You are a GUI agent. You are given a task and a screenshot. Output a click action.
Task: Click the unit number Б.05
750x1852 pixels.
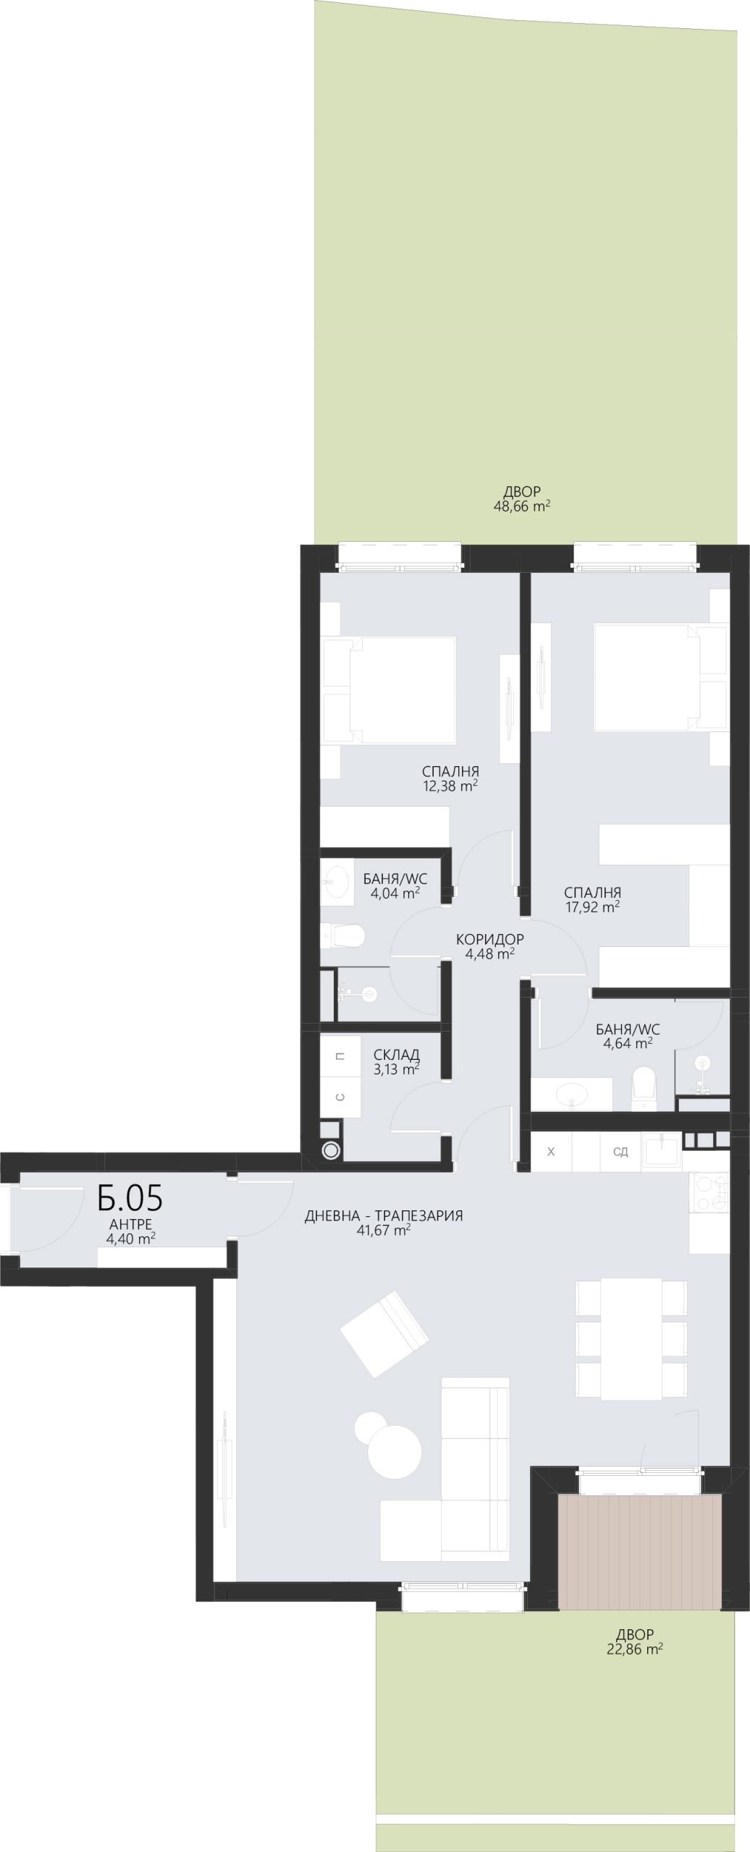tap(130, 1198)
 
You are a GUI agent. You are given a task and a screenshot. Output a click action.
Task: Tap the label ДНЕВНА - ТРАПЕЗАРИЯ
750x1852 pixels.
tap(384, 1215)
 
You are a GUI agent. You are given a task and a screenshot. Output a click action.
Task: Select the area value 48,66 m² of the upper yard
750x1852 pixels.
tap(522, 506)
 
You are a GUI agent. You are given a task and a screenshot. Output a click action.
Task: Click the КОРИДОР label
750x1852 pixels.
tap(490, 940)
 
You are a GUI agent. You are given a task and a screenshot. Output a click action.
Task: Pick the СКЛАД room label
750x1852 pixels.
tap(396, 1055)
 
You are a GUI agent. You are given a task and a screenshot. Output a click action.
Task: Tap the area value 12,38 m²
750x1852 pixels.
tap(450, 786)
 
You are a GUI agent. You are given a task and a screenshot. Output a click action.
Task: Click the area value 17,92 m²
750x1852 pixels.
tap(592, 907)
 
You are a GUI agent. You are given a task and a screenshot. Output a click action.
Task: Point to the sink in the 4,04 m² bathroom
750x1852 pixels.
tap(337, 880)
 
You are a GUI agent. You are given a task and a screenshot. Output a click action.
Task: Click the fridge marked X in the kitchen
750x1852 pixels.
tap(551, 1152)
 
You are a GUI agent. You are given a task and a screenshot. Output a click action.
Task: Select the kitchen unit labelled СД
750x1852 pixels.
tap(620, 1152)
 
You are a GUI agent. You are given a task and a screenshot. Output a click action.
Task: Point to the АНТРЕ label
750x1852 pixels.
tap(130, 1224)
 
